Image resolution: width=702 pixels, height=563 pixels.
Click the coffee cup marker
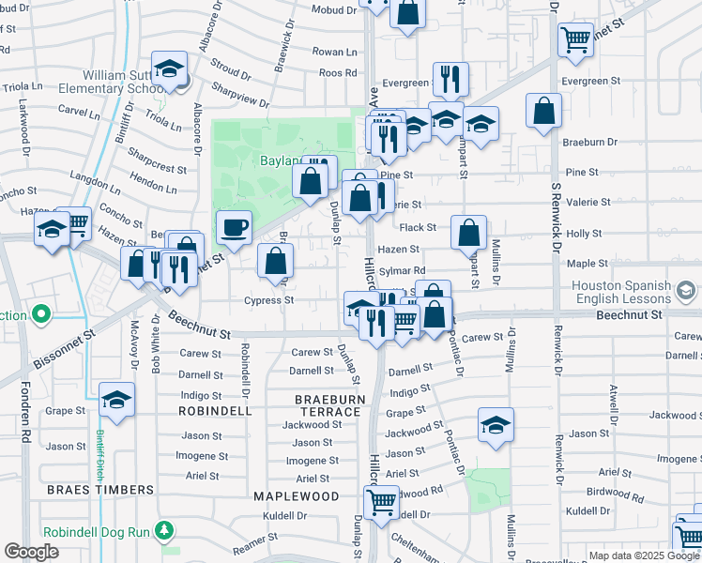click(x=234, y=226)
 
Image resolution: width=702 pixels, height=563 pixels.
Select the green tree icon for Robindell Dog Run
click(x=166, y=531)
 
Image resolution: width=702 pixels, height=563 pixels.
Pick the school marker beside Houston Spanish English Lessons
click(x=687, y=291)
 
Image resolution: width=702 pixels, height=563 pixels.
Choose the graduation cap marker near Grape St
click(x=117, y=401)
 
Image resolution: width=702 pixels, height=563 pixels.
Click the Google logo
click(x=31, y=552)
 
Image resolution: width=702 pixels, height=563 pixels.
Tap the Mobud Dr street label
click(x=336, y=10)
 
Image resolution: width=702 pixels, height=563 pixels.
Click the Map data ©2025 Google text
click(x=642, y=555)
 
